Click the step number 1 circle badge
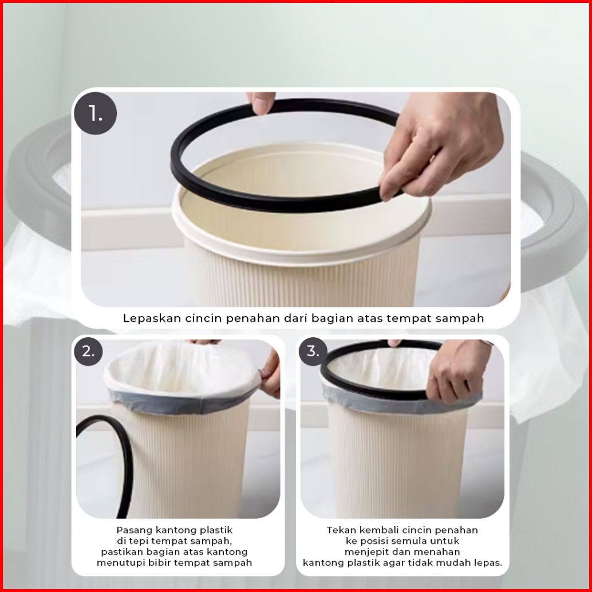point(96,113)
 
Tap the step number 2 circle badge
point(88,352)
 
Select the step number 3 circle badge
point(313,352)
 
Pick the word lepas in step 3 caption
point(491,563)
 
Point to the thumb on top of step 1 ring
point(261,102)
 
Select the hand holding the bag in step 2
point(271,373)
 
